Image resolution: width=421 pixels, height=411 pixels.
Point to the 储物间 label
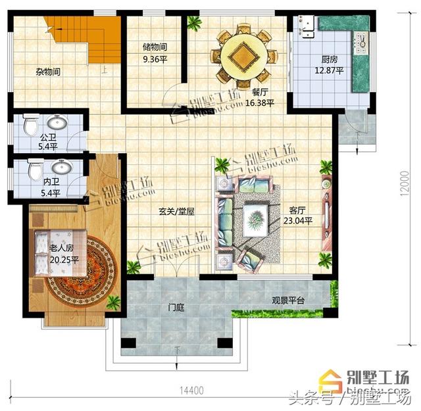pyautogui.click(x=155, y=47)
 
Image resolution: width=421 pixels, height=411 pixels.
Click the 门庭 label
pyautogui.click(x=176, y=306)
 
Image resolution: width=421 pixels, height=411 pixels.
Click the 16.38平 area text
pyautogui.click(x=259, y=103)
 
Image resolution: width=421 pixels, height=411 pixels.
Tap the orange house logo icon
pyautogui.click(x=326, y=379)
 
